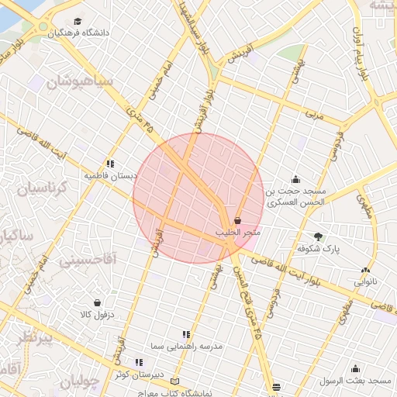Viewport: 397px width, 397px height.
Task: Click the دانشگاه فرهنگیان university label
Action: [x=78, y=33]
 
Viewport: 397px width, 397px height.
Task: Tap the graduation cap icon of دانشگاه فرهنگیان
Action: [x=78, y=21]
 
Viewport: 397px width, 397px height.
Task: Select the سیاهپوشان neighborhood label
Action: [x=82, y=81]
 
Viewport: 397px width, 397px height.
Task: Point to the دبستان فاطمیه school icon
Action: [x=111, y=164]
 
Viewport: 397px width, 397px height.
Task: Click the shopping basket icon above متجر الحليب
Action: [x=236, y=221]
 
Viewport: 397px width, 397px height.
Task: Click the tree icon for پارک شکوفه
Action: [x=318, y=236]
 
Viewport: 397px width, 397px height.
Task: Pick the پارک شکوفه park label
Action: [x=319, y=249]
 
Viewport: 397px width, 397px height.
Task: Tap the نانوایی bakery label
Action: [x=365, y=282]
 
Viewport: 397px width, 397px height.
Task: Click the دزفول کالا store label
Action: [x=97, y=315]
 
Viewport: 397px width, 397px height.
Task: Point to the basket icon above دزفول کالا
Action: [x=97, y=302]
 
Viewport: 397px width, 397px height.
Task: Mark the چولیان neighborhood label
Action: [x=81, y=381]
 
